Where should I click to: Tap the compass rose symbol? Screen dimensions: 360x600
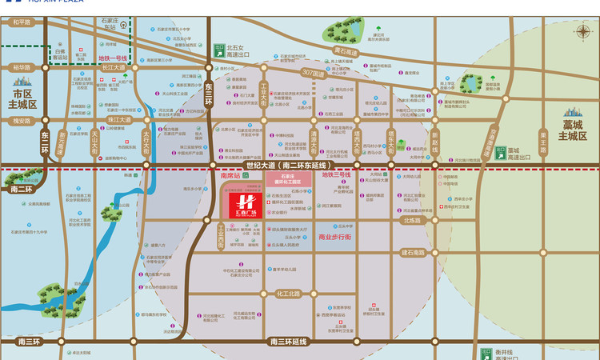pyautogui.click(x=581, y=32)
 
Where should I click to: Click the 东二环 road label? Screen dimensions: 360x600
pyautogui.click(x=46, y=141)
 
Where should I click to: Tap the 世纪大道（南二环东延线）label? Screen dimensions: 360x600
pyautogui.click(x=271, y=164)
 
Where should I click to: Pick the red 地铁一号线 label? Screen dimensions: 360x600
pyautogui.click(x=113, y=58)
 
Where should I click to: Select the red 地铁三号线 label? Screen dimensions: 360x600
pyautogui.click(x=336, y=174)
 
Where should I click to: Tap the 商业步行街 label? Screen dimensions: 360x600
pyautogui.click(x=335, y=238)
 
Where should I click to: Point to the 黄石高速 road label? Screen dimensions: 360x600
pyautogui.click(x=345, y=52)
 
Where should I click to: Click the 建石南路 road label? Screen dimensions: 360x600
pyautogui.click(x=413, y=253)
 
